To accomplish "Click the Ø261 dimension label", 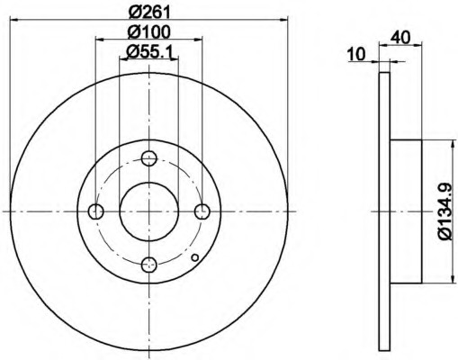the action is pos(149,13).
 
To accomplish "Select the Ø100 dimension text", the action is pos(149,31).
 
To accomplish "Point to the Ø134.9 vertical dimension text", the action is pos(445,211).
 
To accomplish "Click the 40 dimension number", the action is pos(400,38).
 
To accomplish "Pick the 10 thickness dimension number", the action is pos(356,54).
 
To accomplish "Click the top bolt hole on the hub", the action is pos(149,158).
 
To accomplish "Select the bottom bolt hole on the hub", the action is pos(149,265).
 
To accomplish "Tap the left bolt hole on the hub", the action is pos(96,211).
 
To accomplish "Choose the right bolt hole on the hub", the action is pos(202,211).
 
